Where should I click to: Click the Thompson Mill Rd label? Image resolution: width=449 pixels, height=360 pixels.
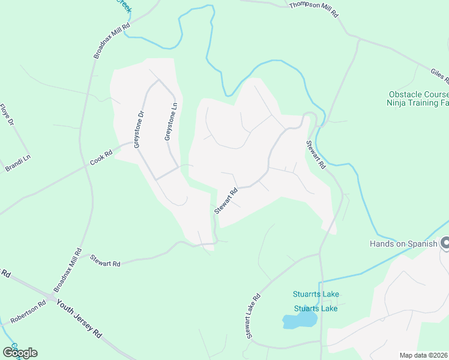tap(314, 8)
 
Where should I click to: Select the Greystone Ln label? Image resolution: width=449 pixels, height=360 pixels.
tap(170, 122)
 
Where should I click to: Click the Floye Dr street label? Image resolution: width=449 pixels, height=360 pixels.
tap(7, 115)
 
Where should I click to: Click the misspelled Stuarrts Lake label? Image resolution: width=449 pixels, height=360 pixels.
tap(316, 294)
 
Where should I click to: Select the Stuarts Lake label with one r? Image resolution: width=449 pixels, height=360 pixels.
tap(316, 308)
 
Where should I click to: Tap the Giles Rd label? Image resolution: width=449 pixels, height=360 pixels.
tap(439, 77)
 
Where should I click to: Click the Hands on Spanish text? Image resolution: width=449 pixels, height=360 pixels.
tap(403, 243)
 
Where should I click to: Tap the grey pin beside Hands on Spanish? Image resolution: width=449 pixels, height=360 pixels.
tap(445, 243)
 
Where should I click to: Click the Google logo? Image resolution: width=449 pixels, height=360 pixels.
tap(20, 352)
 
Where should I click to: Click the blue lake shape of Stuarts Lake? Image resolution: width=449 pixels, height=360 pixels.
tap(299, 321)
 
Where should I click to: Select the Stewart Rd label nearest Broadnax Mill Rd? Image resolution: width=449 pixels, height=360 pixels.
tap(105, 261)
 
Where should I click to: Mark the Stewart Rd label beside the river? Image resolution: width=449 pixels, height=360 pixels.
tap(316, 155)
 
